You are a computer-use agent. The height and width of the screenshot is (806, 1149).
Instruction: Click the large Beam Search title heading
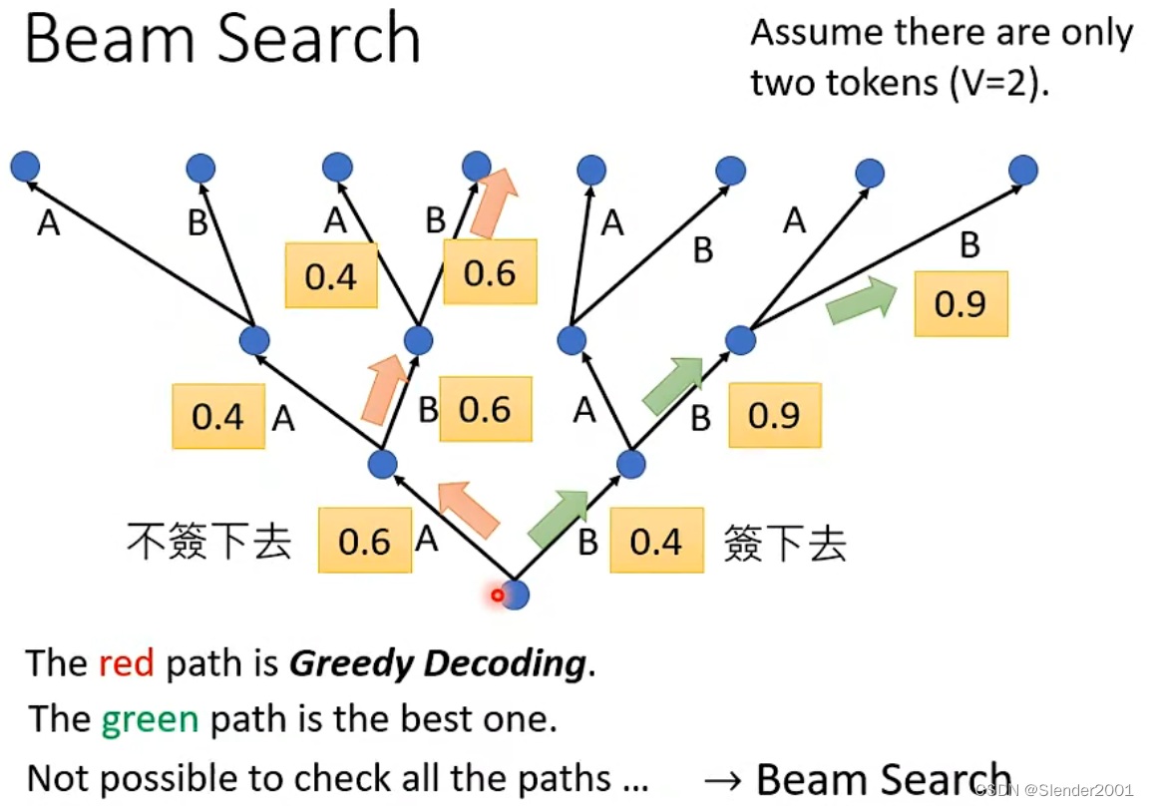pos(221,40)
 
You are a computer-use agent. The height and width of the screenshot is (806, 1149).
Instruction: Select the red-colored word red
pos(126,663)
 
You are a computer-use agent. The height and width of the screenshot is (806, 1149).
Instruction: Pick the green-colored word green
pos(149,719)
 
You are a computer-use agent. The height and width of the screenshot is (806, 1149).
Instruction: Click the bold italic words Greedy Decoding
pos(437,663)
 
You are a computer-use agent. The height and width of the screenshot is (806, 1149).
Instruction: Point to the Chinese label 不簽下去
pos(208,542)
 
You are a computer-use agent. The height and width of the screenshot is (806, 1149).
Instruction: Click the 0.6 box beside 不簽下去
pos(364,541)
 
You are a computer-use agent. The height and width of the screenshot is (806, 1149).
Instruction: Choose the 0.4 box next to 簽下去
pos(655,541)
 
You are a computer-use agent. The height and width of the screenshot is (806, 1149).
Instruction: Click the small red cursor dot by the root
pos(497,596)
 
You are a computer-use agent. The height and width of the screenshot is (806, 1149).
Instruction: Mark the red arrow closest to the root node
pos(469,509)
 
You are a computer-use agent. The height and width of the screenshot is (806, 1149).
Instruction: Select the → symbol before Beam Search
pos(724,780)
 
